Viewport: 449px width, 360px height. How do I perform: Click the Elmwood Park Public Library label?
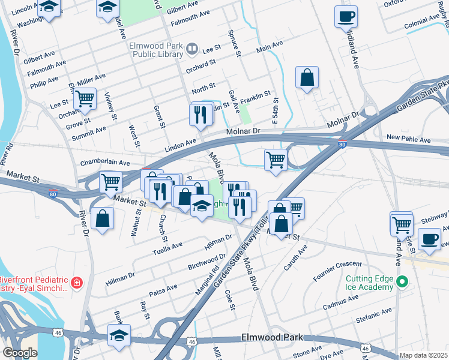pyautogui.click(x=155, y=50)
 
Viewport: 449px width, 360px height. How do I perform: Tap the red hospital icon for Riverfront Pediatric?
pyautogui.click(x=77, y=283)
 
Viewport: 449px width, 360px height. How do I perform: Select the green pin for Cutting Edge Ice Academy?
pyautogui.click(x=403, y=281)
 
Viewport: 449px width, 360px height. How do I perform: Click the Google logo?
pyautogui.click(x=20, y=353)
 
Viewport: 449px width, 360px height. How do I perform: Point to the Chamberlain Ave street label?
pyautogui.click(x=105, y=163)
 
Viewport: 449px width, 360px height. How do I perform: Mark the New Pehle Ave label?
pyautogui.click(x=409, y=139)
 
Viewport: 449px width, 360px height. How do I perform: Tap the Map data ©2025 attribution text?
pyautogui.click(x=424, y=355)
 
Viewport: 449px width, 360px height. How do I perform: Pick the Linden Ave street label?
pyautogui.click(x=181, y=144)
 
